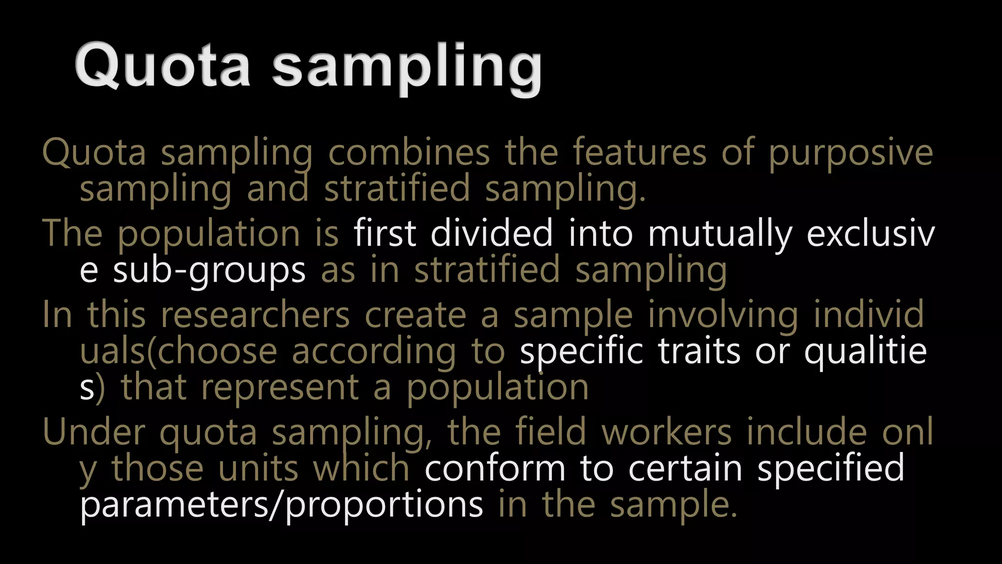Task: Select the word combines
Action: coord(409,152)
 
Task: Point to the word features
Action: coord(639,152)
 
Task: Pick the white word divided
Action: coord(491,234)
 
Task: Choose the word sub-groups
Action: coord(209,271)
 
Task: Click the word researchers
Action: coord(255,315)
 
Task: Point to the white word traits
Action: coord(699,351)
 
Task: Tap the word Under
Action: coord(93,432)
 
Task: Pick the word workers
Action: coord(666,432)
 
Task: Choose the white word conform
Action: coord(495,469)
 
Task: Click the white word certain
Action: coord(685,469)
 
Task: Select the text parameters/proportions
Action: coord(281,506)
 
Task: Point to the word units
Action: coord(258,469)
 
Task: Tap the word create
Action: coord(415,315)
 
